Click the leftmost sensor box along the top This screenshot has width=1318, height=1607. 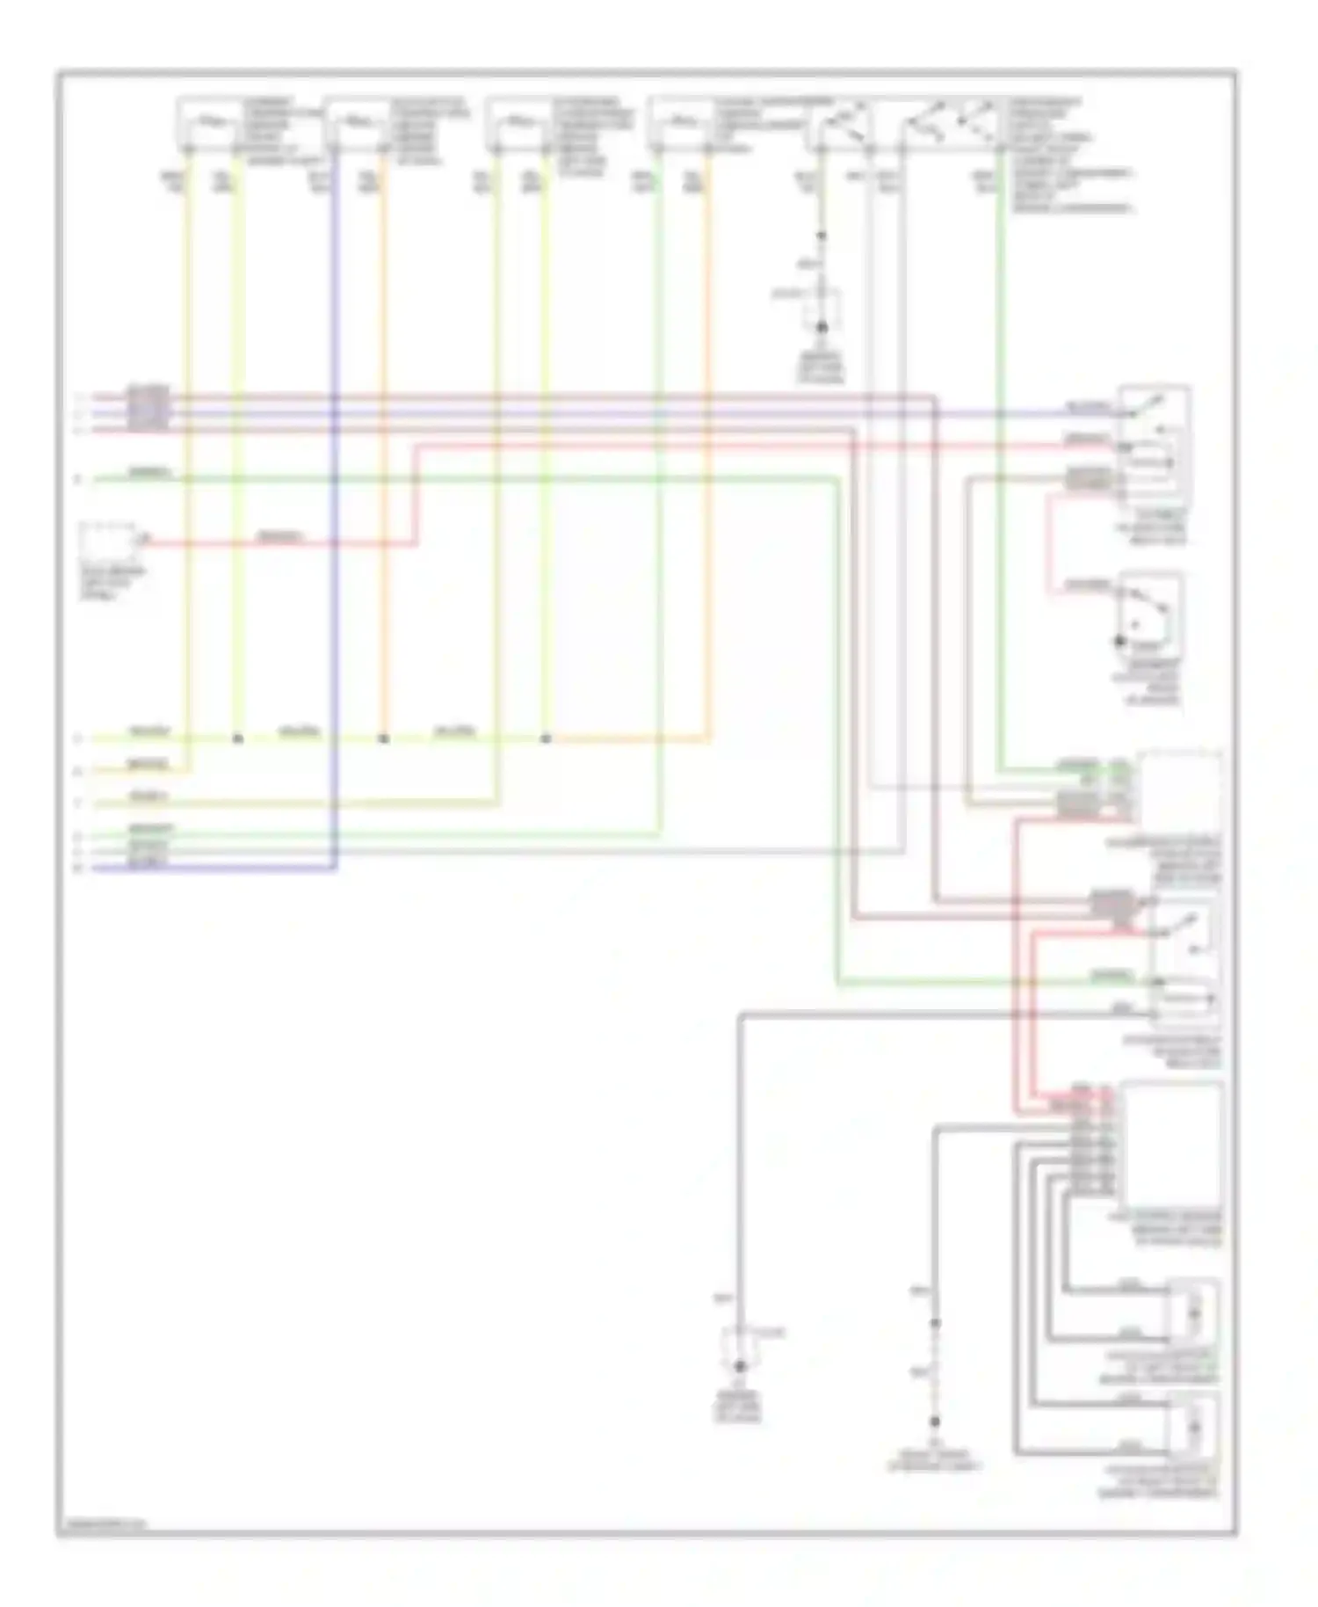[x=208, y=122]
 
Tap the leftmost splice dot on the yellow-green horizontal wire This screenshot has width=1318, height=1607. [x=237, y=738]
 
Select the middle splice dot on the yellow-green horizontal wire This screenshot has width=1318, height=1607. [x=383, y=738]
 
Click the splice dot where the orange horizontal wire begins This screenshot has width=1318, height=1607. [x=546, y=738]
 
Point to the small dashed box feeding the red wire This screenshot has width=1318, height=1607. [x=112, y=542]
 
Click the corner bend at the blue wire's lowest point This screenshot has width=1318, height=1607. [x=334, y=869]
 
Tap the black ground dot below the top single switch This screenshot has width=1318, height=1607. [x=822, y=327]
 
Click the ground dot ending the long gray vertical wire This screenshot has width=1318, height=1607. [x=740, y=1366]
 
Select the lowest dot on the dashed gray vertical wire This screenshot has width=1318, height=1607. [x=935, y=1421]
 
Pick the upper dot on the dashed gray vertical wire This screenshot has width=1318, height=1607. [x=935, y=1323]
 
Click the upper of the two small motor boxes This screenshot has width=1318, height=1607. [x=1193, y=1312]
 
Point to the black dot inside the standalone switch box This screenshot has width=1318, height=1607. [x=1119, y=642]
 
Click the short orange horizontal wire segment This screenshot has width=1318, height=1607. [x=628, y=739]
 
